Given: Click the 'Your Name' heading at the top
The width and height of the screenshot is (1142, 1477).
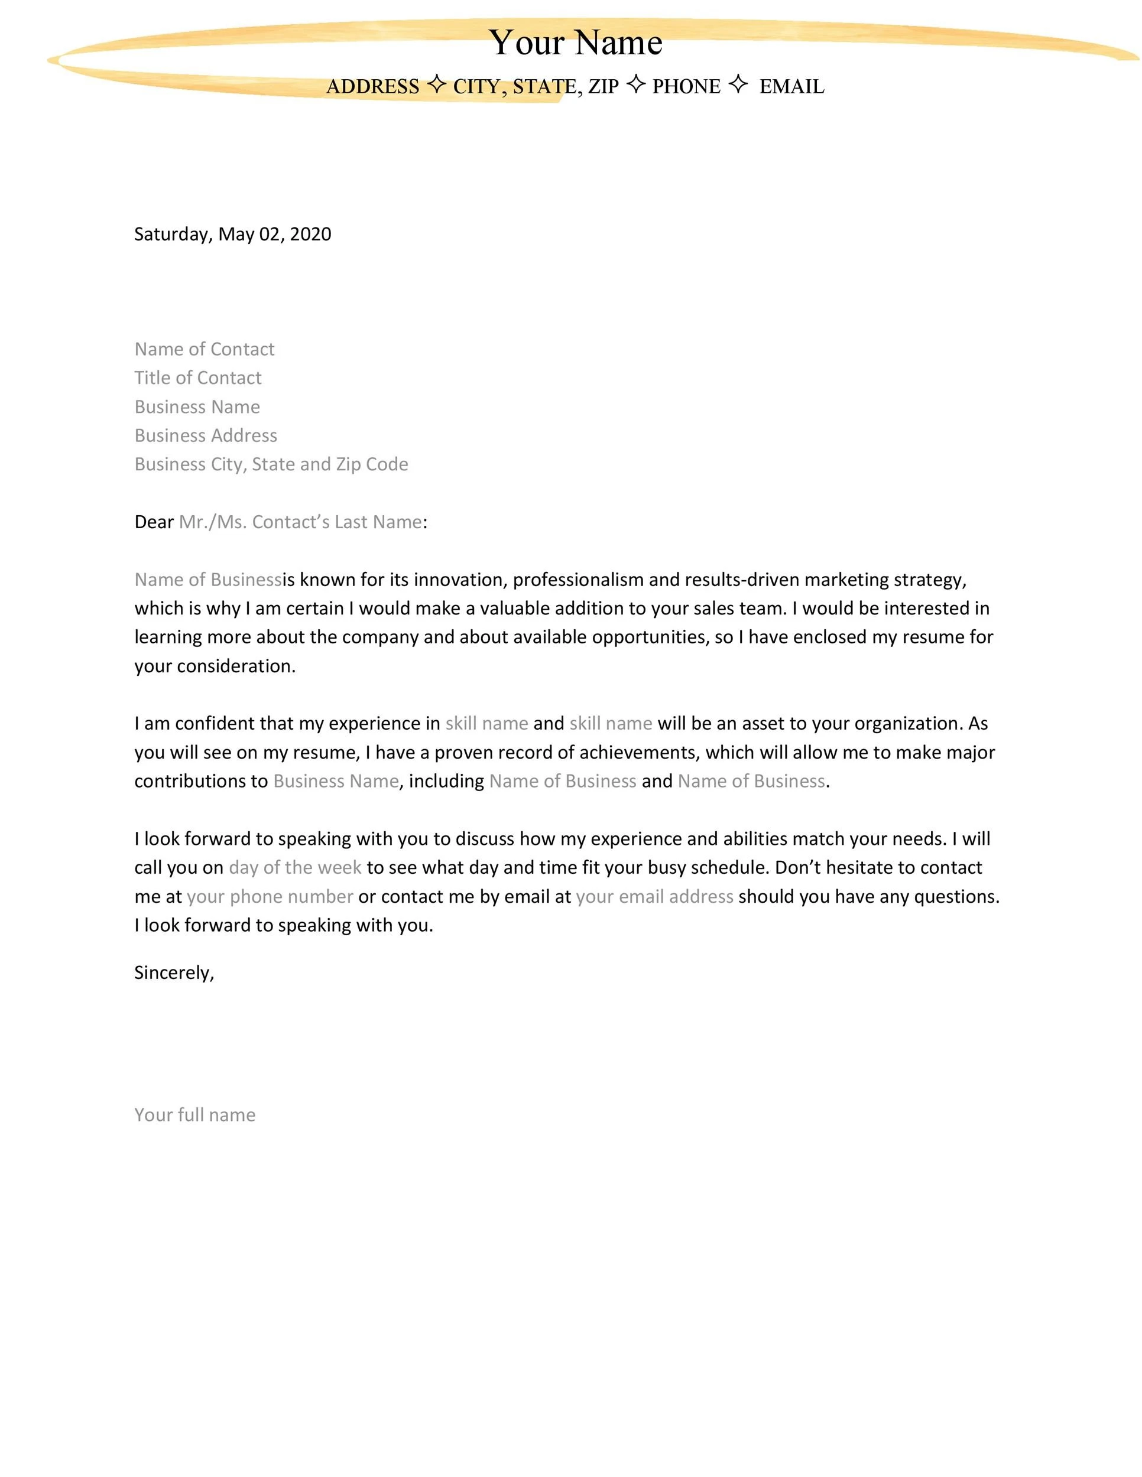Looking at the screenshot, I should coord(575,43).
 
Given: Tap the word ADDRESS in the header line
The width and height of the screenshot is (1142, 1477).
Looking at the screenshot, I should coord(373,87).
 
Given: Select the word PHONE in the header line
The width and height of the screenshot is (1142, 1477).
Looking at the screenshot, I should coord(686,87).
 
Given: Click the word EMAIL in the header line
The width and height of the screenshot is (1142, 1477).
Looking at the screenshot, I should coord(791,87).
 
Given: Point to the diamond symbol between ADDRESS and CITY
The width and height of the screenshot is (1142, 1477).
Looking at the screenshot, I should coord(437,84).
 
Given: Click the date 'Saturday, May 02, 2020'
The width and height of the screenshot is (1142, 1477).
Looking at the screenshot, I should coord(233,234).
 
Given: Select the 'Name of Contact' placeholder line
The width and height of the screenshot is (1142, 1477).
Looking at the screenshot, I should coord(205,349).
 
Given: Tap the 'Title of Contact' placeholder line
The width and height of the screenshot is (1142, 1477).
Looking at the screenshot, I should coord(197,378).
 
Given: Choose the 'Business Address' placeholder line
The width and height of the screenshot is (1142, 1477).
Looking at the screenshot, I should coord(206,435).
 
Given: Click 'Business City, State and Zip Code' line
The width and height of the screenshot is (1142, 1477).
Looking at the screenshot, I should coord(271,464).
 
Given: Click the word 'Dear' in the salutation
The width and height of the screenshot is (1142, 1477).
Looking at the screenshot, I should coord(154,522).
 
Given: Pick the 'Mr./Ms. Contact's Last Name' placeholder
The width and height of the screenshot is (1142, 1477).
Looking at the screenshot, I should coord(300,522).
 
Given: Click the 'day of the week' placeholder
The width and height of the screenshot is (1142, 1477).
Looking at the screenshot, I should coord(295,868).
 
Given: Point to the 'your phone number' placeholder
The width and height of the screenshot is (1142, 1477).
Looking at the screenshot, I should coord(270,897).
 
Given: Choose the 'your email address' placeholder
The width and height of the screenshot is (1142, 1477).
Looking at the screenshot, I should coord(655,897).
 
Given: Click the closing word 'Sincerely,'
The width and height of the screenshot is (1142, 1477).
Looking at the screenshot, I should coord(174,972).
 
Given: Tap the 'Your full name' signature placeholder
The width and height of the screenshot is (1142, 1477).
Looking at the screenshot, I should coord(195,1115).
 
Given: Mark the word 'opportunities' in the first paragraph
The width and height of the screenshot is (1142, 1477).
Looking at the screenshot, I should coord(649,637).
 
